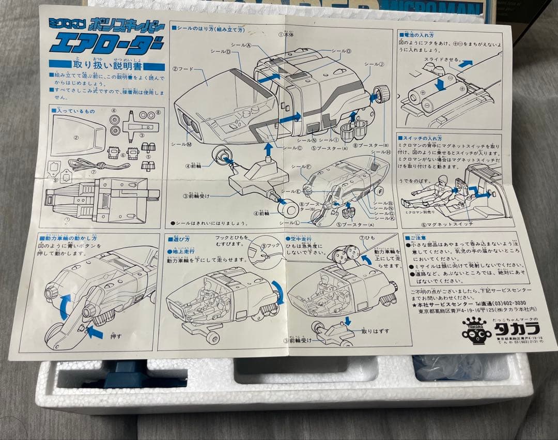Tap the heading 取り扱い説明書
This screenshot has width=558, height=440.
[x=107, y=66]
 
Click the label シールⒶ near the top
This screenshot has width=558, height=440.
[x=241, y=45]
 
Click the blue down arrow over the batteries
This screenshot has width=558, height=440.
[x=440, y=83]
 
